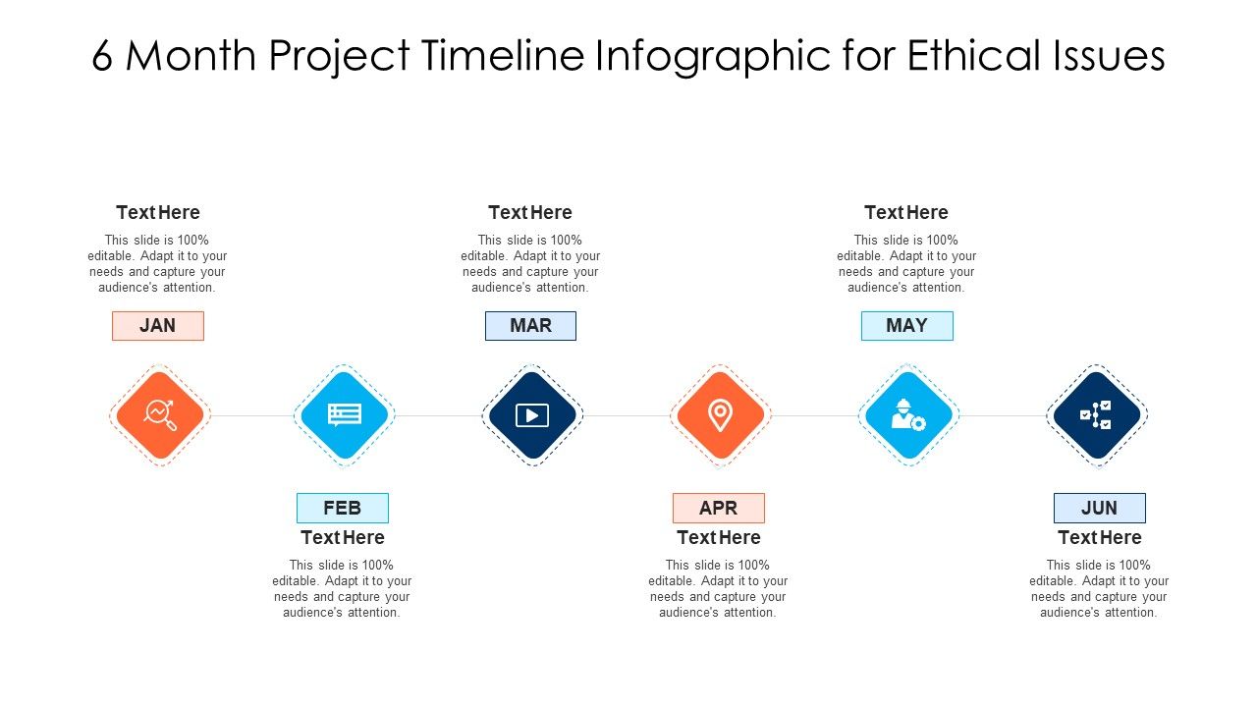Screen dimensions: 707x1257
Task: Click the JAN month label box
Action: (158, 326)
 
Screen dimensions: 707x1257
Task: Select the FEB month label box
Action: (343, 508)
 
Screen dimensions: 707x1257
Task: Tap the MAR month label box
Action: (530, 326)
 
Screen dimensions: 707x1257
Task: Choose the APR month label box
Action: (718, 508)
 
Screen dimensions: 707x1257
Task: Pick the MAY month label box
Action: (906, 326)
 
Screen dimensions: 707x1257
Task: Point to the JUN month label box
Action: (1099, 508)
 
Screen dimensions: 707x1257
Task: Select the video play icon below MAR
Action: (532, 415)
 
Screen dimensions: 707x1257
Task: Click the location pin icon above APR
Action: (720, 415)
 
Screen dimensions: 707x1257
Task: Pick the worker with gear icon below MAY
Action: (908, 415)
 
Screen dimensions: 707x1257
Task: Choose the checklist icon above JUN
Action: (1096, 415)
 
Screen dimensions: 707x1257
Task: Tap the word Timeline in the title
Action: (505, 57)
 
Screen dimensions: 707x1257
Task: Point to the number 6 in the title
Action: (102, 57)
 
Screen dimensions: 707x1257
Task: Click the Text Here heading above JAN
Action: (158, 212)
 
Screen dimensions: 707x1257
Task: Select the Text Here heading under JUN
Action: (1099, 537)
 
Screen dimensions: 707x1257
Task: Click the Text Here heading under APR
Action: (718, 537)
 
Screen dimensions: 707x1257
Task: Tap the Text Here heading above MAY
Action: (906, 212)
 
